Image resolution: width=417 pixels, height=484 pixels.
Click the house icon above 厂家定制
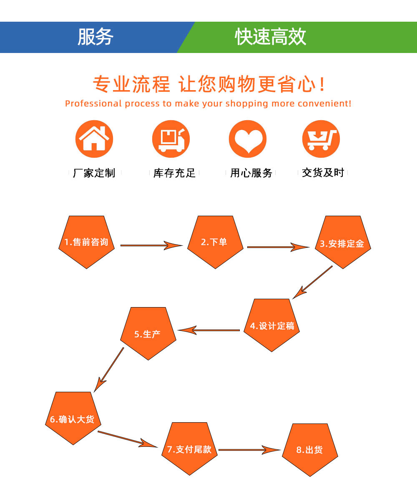tap(94, 139)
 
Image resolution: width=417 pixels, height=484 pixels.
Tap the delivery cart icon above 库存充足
tap(171, 139)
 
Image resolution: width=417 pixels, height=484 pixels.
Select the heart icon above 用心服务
tap(248, 139)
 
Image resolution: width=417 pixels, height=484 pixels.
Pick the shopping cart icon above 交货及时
tap(321, 139)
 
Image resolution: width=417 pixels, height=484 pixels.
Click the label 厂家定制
tap(94, 173)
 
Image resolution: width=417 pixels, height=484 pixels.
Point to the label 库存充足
tap(174, 173)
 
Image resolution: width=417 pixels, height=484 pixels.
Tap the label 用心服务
tap(251, 173)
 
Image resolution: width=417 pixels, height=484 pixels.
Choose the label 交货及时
tap(323, 173)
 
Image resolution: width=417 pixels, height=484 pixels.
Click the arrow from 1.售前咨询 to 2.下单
tap(151, 245)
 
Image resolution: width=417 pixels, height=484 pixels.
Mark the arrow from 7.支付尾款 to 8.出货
tap(249, 450)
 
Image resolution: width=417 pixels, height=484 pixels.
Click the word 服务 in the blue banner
tap(95, 37)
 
